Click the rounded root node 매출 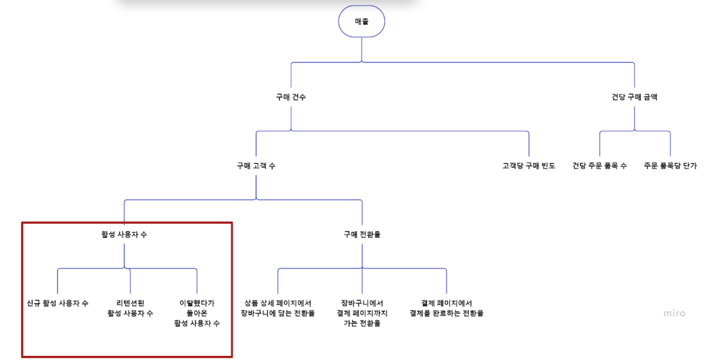[x=362, y=22]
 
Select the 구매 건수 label [x=291, y=97]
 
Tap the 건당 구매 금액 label [x=634, y=97]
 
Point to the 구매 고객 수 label [x=256, y=166]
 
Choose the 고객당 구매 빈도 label [x=529, y=166]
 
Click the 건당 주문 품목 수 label [x=599, y=166]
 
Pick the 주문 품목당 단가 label [x=670, y=166]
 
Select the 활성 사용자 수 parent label [x=124, y=235]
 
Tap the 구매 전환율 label [x=362, y=235]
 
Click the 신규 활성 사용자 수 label [x=57, y=303]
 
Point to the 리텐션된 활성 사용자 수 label [x=130, y=308]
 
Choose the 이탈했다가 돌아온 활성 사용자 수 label [x=197, y=313]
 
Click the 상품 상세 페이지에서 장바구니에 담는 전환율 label [x=278, y=308]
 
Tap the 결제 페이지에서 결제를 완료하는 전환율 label [x=447, y=308]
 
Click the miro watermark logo [x=674, y=313]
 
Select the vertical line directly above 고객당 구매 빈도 [x=529, y=145]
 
